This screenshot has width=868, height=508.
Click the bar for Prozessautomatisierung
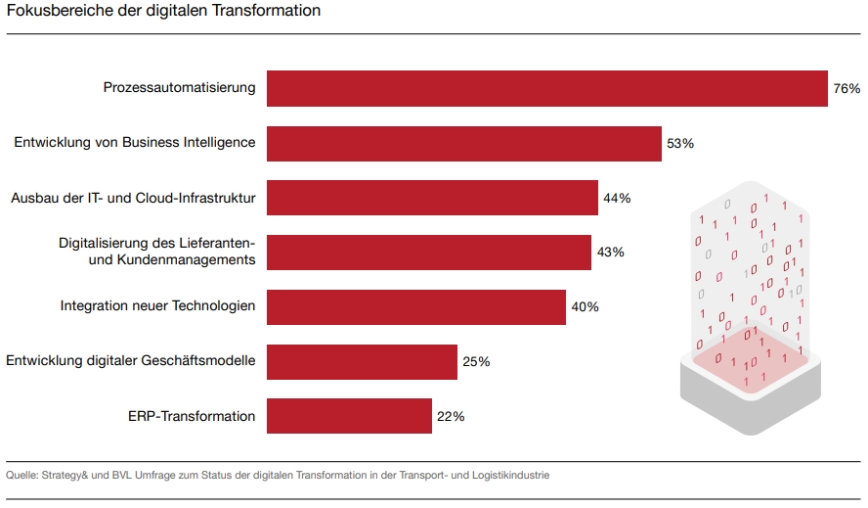click(547, 88)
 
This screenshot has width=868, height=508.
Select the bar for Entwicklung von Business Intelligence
click(464, 143)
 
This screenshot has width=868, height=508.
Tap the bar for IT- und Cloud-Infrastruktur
click(432, 198)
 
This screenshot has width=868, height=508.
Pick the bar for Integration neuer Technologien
click(416, 306)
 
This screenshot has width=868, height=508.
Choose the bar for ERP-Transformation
click(349, 416)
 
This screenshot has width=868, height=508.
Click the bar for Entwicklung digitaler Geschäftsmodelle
click(362, 361)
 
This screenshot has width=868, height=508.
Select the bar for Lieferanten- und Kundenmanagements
click(429, 253)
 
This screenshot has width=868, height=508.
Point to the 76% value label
click(846, 89)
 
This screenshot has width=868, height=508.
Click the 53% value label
click(680, 144)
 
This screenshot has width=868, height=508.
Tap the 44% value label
click(617, 199)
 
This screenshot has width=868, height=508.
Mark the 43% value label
click(610, 253)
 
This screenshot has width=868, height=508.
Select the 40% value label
click(585, 307)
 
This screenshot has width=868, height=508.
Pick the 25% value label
click(476, 362)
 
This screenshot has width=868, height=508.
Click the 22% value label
click(451, 417)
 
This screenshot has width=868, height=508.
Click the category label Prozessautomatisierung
click(179, 88)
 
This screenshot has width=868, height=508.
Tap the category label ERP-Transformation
click(192, 416)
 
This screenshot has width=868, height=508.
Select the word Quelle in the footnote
click(22, 476)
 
